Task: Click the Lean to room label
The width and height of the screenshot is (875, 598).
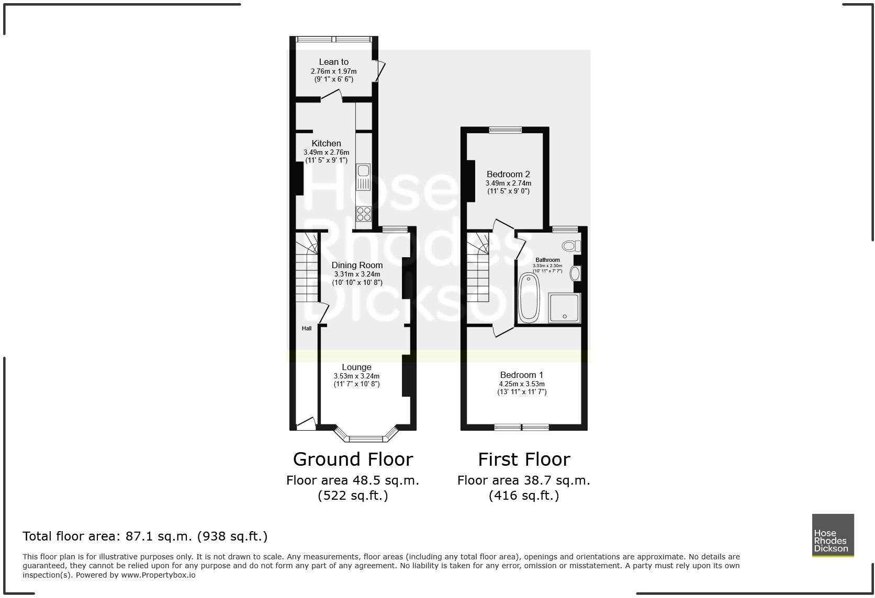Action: [x=333, y=62]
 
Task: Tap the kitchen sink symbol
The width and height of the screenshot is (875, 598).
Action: [x=363, y=177]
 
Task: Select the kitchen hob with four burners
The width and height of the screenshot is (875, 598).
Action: [x=364, y=214]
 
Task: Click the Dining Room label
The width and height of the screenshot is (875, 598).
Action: [x=357, y=266]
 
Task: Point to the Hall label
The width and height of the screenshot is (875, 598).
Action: [x=307, y=328]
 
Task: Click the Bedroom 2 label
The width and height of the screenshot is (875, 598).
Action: [x=508, y=175]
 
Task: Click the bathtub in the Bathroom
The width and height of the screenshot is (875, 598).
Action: [x=529, y=297]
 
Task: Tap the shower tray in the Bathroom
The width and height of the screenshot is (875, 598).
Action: [x=564, y=308]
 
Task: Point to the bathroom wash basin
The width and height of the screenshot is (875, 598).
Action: [x=575, y=273]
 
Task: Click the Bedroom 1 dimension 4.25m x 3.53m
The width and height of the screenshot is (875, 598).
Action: [x=521, y=384]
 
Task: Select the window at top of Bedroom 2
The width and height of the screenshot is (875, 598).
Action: [x=505, y=130]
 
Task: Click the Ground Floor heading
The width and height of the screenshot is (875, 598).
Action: [x=353, y=459]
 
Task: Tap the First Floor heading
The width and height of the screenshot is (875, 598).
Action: [x=524, y=459]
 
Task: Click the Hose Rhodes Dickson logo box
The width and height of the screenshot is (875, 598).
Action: [x=833, y=535]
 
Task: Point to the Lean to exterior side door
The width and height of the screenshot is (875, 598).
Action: [x=381, y=71]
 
